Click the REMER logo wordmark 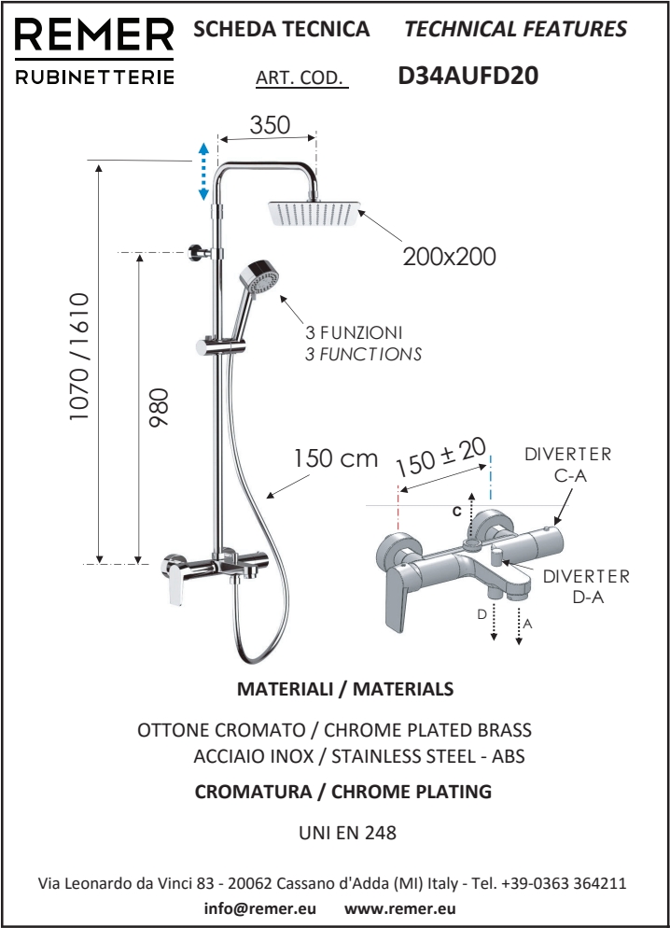[x=94, y=35]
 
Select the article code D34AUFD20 [x=468, y=76]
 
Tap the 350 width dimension [x=270, y=125]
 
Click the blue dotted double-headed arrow [x=202, y=172]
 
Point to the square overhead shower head [x=315, y=213]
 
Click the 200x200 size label [x=450, y=257]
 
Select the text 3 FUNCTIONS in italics [x=364, y=355]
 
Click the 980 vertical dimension [x=159, y=407]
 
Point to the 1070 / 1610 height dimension [x=78, y=357]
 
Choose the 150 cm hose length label [x=336, y=458]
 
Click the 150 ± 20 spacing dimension [x=441, y=457]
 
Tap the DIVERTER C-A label [x=568, y=465]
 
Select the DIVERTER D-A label [x=587, y=586]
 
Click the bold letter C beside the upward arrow [x=456, y=512]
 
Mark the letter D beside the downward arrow [x=482, y=614]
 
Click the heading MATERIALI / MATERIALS [x=345, y=689]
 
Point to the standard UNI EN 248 [x=348, y=833]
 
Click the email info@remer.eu [x=260, y=908]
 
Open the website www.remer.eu [x=400, y=908]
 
